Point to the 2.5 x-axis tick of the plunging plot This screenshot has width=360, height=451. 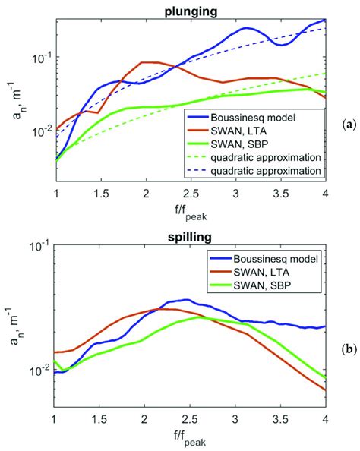coord(191,194)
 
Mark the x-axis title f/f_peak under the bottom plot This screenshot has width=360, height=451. coord(190,437)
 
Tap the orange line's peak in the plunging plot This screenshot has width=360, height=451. coord(146,62)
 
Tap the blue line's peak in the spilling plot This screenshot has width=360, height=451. coord(186,300)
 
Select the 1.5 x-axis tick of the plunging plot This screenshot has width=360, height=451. coord(100,194)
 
